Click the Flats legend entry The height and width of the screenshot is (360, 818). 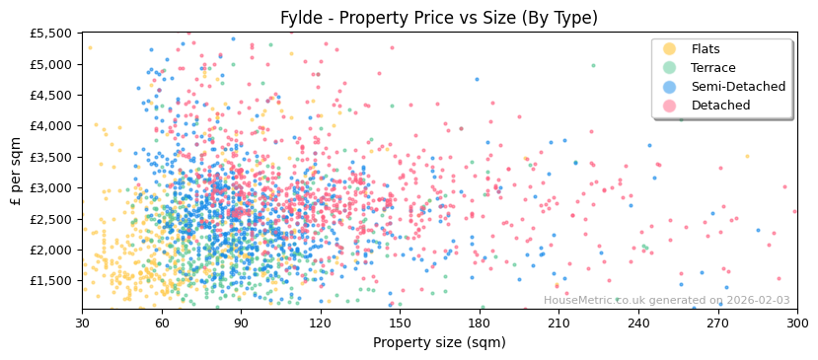[705, 49]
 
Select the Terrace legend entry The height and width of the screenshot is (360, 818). [711, 68]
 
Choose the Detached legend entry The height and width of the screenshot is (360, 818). [720, 106]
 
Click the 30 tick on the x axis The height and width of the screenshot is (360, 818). [82, 323]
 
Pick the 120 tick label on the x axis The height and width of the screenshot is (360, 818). [321, 323]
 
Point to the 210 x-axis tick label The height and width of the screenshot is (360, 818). [558, 323]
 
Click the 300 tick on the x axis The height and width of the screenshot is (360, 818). [797, 323]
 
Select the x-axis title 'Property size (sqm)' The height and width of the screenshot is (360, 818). [439, 343]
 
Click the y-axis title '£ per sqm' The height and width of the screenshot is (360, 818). [16, 172]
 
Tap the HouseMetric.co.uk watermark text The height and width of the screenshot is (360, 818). [666, 301]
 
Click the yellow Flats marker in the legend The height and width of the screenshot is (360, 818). [669, 49]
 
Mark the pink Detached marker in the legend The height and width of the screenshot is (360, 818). [669, 106]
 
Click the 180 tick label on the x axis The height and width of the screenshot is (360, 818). [480, 323]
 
